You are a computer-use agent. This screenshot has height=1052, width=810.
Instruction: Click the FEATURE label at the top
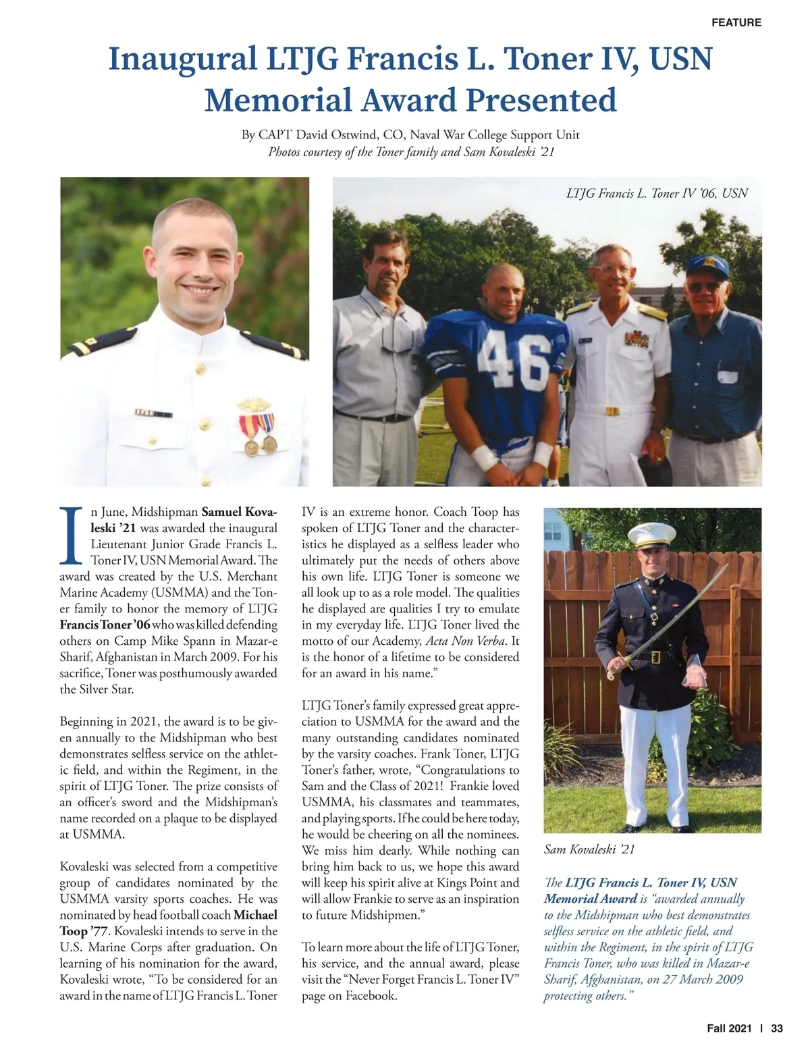[736, 22]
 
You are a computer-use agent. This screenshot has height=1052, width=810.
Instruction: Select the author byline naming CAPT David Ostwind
[410, 134]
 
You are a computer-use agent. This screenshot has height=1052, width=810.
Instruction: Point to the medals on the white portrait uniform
[258, 429]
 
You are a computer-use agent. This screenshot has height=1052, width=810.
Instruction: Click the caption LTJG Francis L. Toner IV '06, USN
[657, 193]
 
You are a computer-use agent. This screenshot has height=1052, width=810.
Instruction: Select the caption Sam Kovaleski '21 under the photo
[589, 849]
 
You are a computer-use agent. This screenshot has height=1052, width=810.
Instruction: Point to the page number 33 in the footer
[777, 1028]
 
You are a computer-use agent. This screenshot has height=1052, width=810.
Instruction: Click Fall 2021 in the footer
[729, 1028]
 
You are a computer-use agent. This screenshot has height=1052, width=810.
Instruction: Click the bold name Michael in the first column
[255, 916]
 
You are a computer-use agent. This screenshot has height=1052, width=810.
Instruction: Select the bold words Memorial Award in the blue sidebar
[590, 899]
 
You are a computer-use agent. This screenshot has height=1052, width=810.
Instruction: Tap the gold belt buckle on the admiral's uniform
[612, 411]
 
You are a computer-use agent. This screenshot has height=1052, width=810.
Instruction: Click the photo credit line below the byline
[411, 151]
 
